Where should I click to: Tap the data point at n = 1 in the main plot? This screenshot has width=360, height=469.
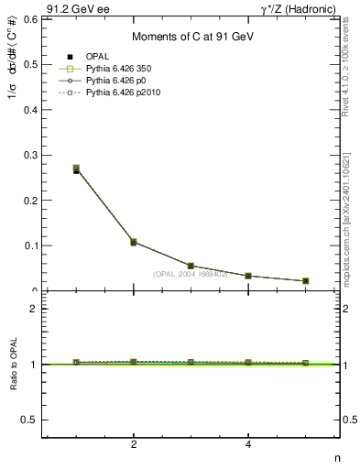[76, 169]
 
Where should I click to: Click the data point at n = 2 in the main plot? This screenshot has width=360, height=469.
[134, 242]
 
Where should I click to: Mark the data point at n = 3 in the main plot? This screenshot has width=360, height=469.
[191, 266]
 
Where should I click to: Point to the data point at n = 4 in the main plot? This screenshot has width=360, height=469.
[248, 276]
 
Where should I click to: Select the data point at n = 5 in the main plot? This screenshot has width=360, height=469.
[305, 281]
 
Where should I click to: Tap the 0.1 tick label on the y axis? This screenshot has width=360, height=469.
[28, 245]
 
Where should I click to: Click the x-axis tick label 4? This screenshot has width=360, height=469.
[248, 445]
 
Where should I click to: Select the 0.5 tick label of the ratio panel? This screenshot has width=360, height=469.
[28, 420]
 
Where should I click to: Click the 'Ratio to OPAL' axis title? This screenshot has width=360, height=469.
[12, 365]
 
